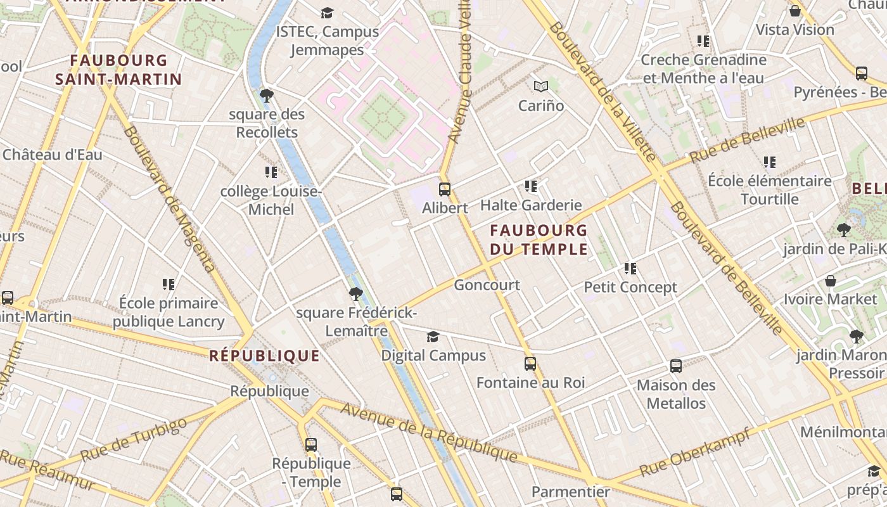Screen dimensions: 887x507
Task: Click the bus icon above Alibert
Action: point(445,189)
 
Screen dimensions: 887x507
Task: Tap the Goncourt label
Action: point(487,285)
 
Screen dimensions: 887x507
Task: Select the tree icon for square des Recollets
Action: point(267,96)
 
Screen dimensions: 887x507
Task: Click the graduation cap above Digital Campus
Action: point(433,337)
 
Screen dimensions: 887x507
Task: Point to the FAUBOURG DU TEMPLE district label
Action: point(539,239)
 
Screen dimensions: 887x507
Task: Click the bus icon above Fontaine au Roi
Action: point(530,364)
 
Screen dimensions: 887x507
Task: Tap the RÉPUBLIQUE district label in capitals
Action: point(265,356)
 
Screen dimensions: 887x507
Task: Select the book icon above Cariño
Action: point(540,86)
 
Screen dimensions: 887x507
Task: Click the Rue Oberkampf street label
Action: point(694,452)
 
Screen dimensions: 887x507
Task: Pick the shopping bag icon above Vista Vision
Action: point(795,11)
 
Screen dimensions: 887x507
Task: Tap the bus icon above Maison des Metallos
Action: point(676,366)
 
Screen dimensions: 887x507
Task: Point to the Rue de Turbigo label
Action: point(134,439)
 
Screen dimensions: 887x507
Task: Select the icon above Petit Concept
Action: point(630,269)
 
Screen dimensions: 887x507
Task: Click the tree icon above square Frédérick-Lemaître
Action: point(355,293)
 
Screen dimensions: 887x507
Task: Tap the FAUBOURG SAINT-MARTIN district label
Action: point(118,70)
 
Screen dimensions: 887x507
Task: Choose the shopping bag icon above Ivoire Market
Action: point(831,281)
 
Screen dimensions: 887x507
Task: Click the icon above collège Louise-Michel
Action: point(271,172)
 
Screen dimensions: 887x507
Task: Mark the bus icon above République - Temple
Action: point(310,444)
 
